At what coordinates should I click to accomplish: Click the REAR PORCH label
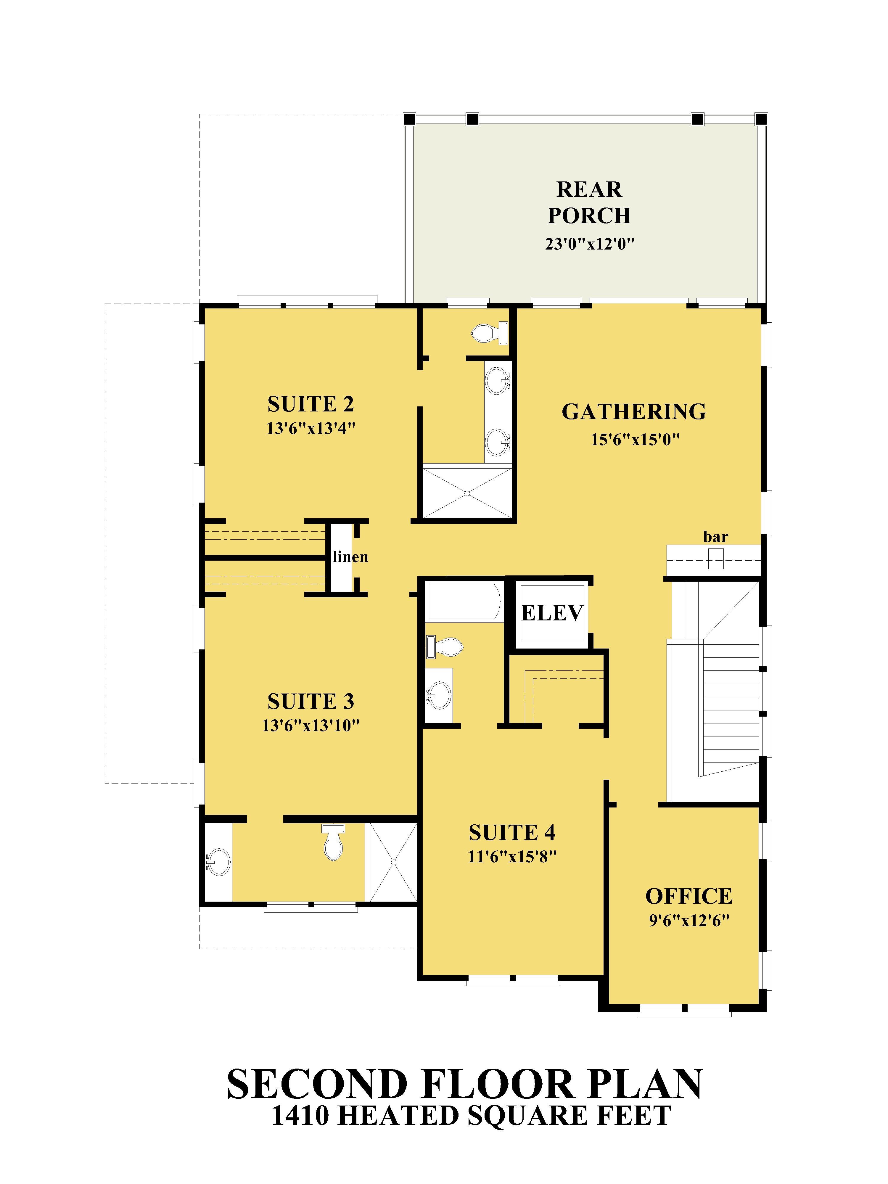(x=589, y=202)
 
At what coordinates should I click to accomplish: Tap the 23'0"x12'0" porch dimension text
(x=589, y=244)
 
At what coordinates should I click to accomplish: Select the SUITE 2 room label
(x=311, y=404)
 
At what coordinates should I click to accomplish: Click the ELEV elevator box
(x=551, y=613)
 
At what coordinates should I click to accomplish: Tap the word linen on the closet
(x=350, y=557)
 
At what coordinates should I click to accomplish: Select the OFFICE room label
(x=688, y=896)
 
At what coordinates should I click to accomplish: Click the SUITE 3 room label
(x=311, y=701)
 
